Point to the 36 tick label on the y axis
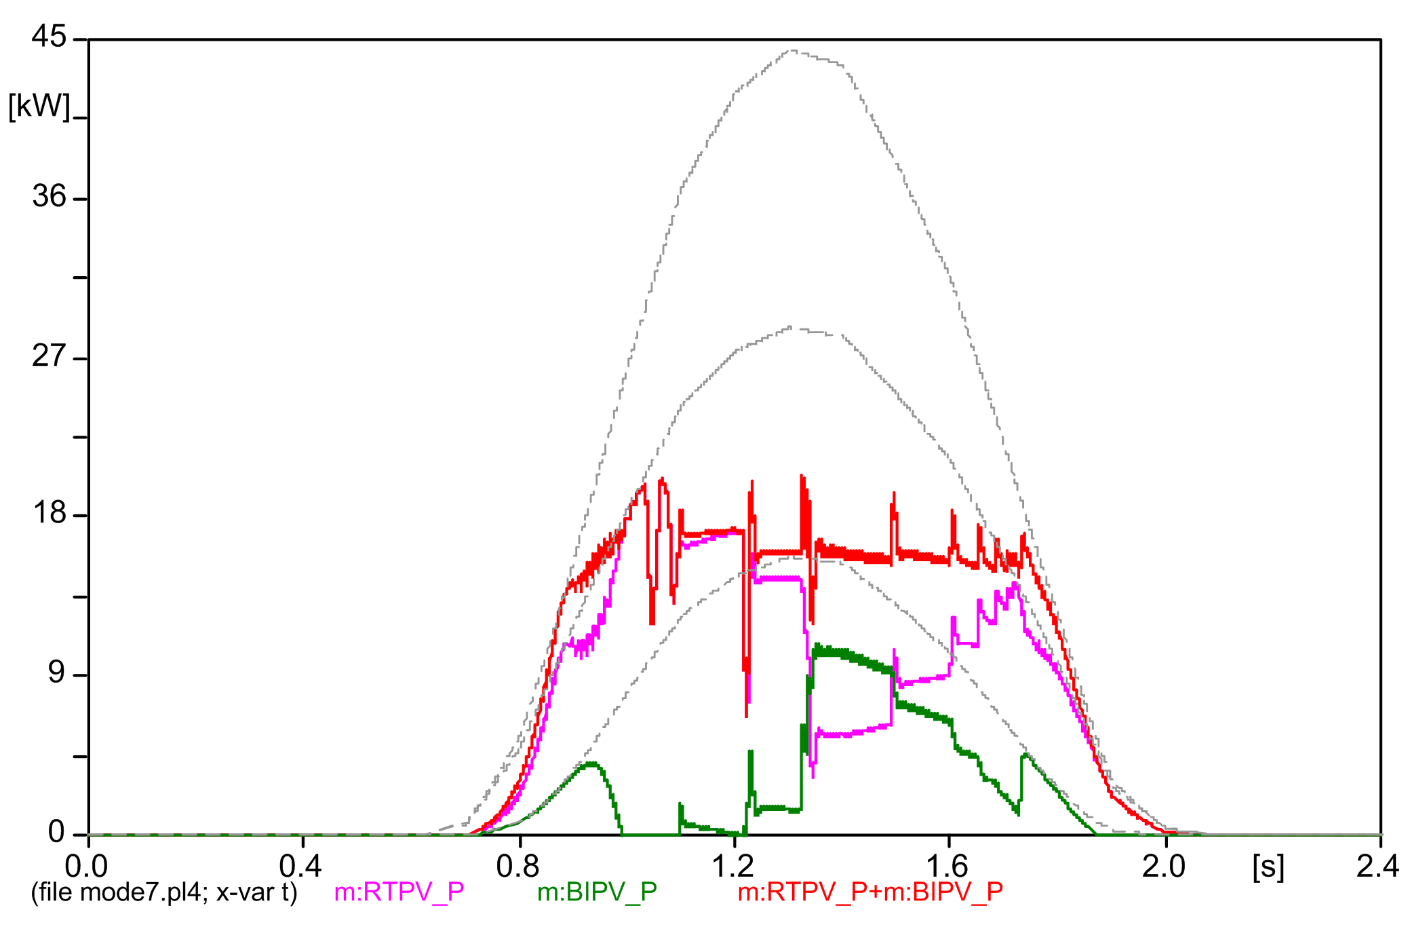[x=50, y=197]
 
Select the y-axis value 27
[x=50, y=356]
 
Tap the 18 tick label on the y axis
[x=50, y=513]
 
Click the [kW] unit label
[x=39, y=107]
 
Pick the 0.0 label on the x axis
[x=86, y=867]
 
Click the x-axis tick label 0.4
[x=300, y=867]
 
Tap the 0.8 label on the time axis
[x=517, y=867]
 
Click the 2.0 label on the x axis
[x=1164, y=867]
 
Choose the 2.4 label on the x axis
[x=1378, y=867]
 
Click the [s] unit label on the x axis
[x=1268, y=867]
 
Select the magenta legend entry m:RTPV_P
[x=399, y=892]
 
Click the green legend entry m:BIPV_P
[x=597, y=892]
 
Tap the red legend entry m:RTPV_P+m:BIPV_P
[x=870, y=892]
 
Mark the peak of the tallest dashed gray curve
[x=792, y=50]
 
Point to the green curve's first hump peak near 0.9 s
[x=593, y=763]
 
